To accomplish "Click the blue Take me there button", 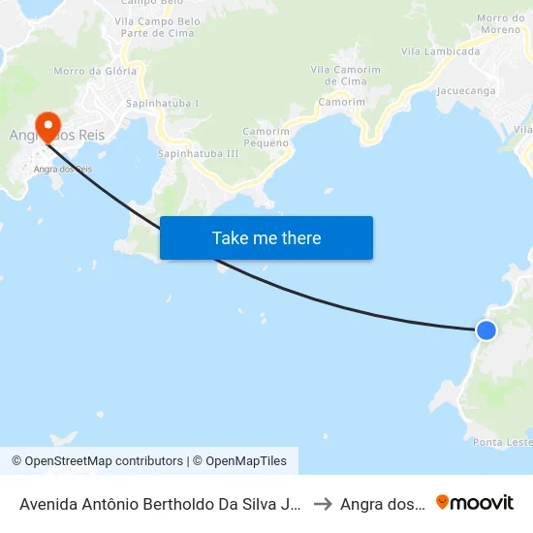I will [x=266, y=237].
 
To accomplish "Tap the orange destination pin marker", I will [x=47, y=126].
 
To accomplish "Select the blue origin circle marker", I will [x=486, y=330].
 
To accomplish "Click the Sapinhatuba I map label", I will [x=162, y=103].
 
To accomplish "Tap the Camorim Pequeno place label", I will [x=266, y=137].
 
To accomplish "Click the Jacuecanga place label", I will [x=466, y=91].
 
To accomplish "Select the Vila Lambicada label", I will [x=440, y=52].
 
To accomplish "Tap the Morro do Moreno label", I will [x=501, y=24].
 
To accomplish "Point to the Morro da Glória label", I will [x=86, y=71].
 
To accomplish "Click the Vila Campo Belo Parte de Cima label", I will [x=157, y=27].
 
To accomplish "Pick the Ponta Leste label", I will [x=502, y=442].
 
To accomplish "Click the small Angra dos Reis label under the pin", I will [x=63, y=169].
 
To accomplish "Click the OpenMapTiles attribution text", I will [x=243, y=461].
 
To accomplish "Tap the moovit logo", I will [x=475, y=503].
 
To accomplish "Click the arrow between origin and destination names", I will [x=323, y=504].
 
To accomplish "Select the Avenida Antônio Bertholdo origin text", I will [x=160, y=504].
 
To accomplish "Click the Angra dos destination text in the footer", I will [x=382, y=504].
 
